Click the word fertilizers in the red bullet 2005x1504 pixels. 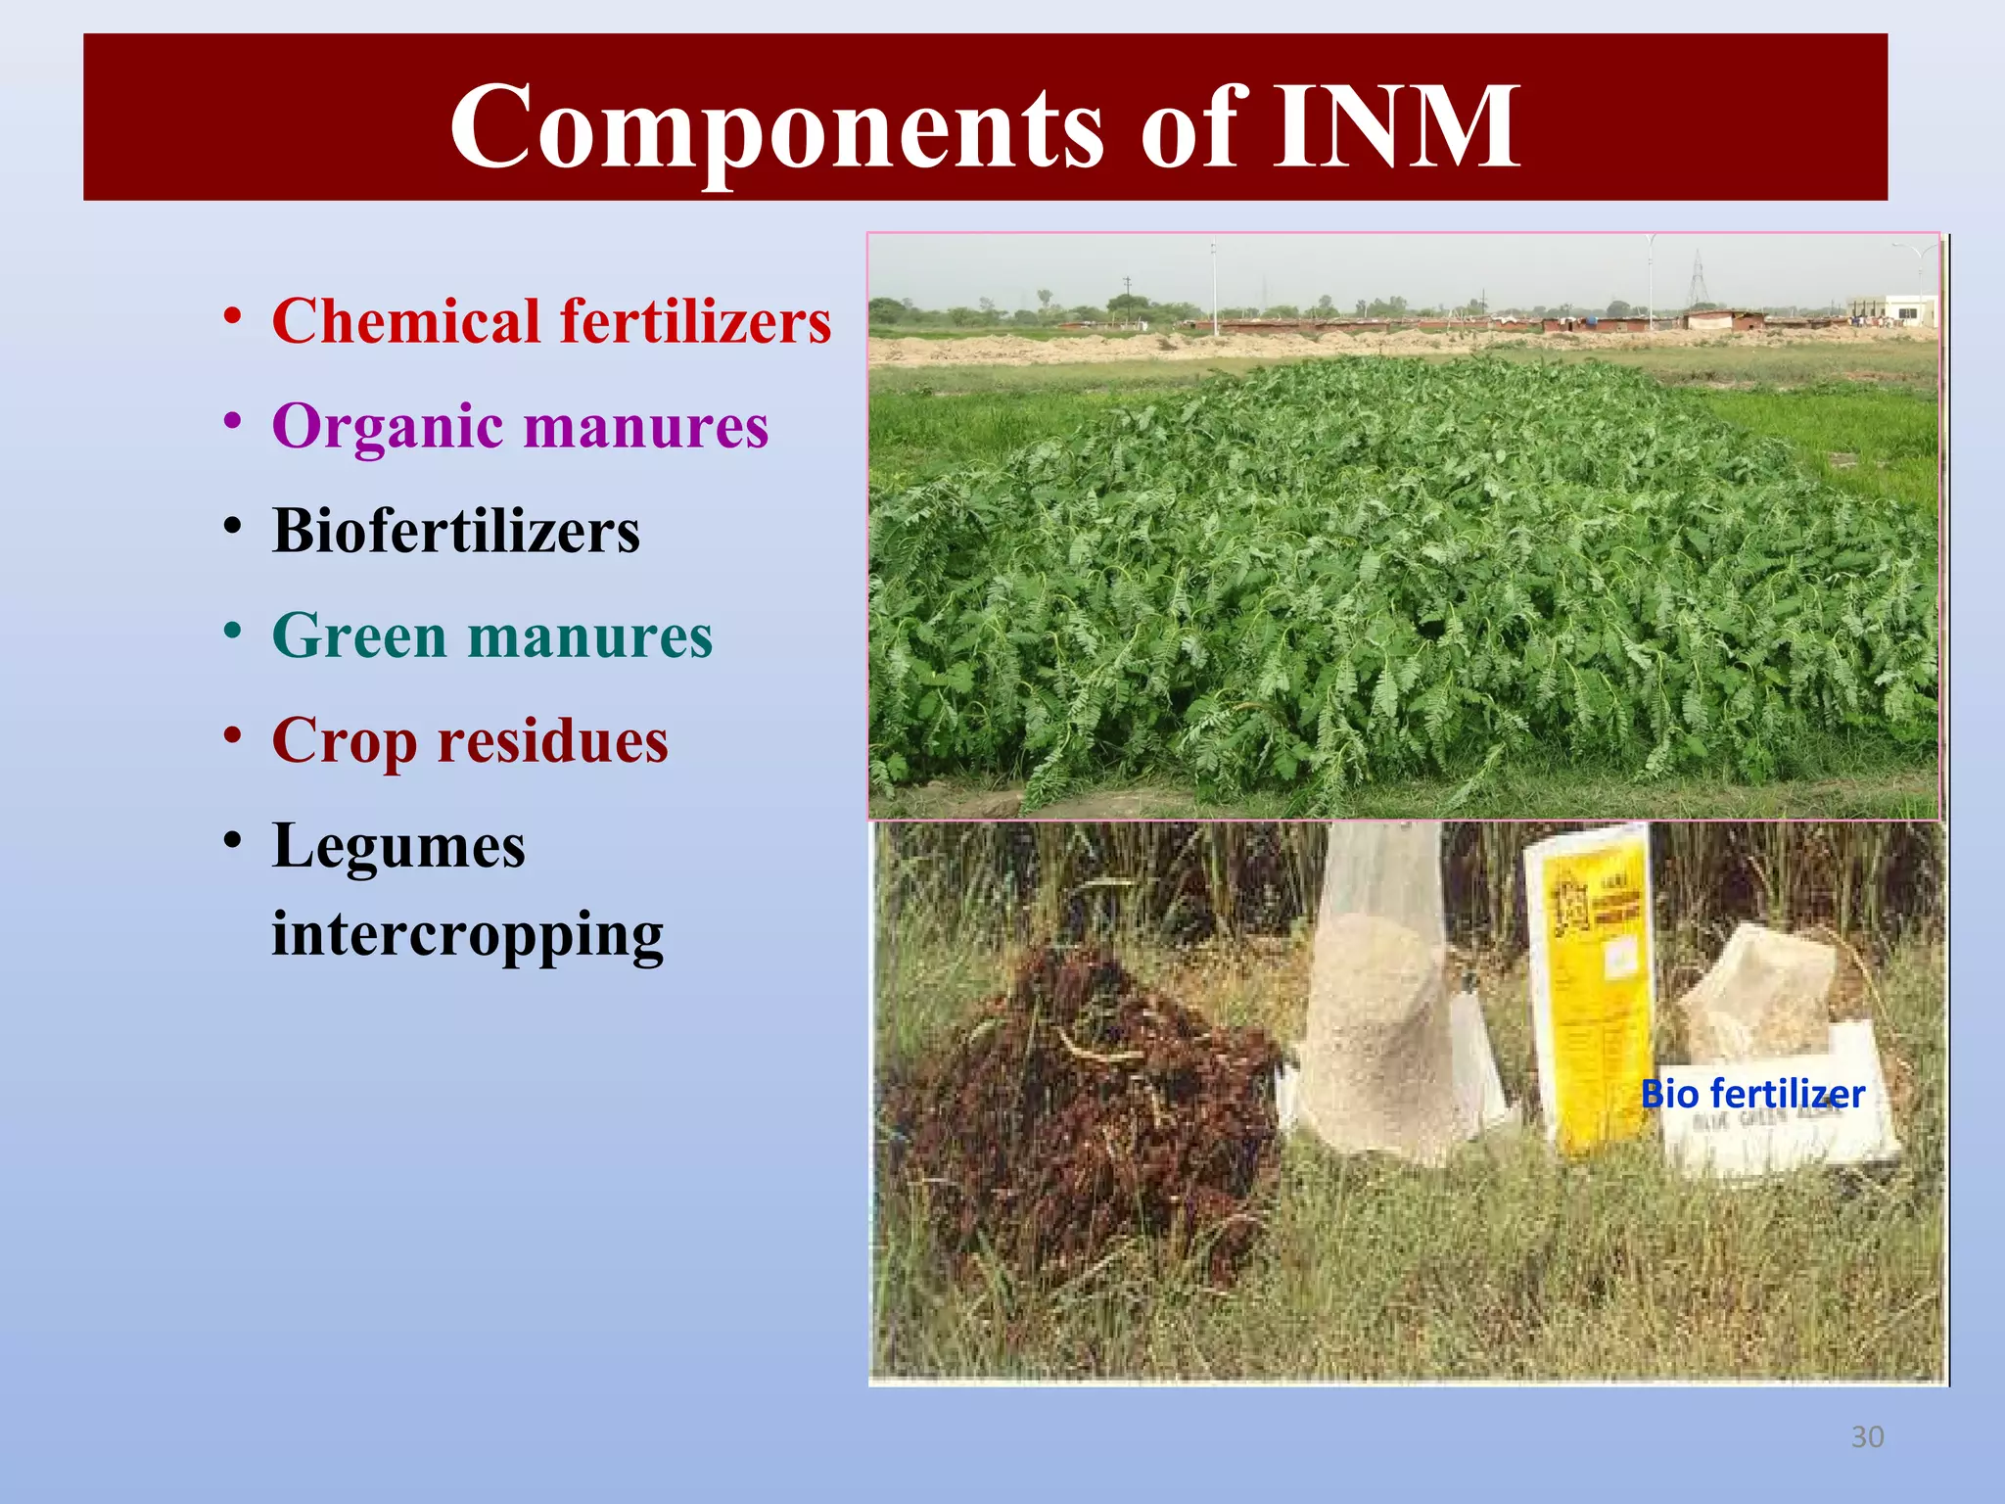tap(695, 321)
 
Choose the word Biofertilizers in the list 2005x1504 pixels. tap(456, 531)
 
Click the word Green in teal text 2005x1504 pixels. tap(359, 635)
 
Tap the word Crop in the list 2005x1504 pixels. tap(345, 741)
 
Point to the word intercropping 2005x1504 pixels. tap(468, 934)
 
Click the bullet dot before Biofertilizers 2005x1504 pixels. tap(232, 527)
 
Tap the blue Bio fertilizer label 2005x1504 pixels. tap(1752, 1094)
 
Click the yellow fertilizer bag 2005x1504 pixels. tap(1591, 989)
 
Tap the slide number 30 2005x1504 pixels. tap(1867, 1436)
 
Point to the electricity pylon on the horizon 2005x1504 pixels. tap(1698, 279)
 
